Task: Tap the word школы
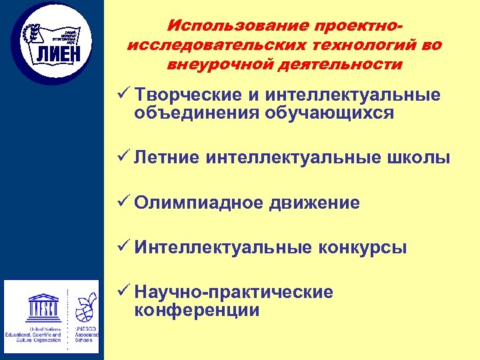point(421,158)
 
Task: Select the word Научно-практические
point(233,293)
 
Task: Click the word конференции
point(197,310)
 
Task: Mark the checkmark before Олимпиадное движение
point(121,202)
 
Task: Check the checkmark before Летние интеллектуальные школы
point(121,157)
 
